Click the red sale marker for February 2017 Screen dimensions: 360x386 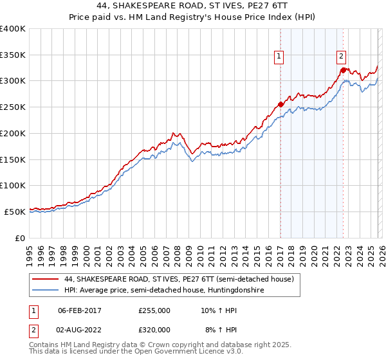point(280,104)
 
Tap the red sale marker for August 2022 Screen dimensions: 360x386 point(343,69)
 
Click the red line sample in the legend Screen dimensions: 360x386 point(46,279)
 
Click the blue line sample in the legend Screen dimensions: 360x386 point(46,290)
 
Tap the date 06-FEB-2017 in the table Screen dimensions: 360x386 point(80,310)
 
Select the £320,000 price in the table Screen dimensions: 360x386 point(154,329)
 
